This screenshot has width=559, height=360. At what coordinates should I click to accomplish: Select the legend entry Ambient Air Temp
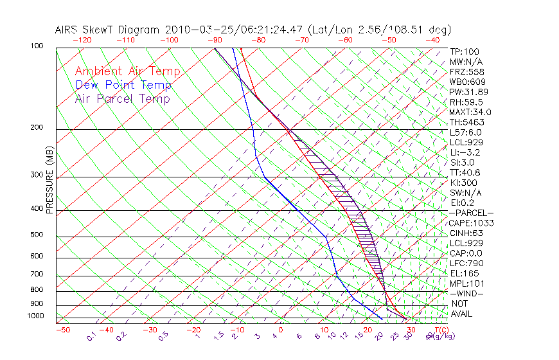tap(127, 71)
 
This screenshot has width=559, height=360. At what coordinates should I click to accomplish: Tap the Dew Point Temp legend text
tap(123, 85)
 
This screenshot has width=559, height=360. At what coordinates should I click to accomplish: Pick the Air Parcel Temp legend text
tap(122, 98)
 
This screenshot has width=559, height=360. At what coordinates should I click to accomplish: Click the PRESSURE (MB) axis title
tap(49, 181)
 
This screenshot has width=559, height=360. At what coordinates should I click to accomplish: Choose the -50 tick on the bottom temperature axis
tap(62, 330)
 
